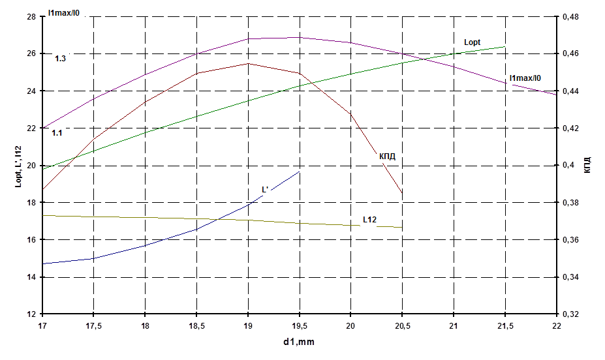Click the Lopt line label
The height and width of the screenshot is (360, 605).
(471, 42)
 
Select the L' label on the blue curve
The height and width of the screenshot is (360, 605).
(266, 190)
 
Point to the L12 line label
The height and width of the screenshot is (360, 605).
(371, 220)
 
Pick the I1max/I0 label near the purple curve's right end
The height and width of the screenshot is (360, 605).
(527, 78)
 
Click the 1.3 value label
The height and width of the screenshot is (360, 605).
(60, 59)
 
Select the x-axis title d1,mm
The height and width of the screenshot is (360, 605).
(300, 341)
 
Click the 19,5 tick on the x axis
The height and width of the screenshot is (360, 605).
(299, 325)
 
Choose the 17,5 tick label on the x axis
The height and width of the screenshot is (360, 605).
(94, 325)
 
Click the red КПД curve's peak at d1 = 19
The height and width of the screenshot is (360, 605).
(248, 63)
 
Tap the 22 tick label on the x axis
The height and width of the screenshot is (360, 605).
(556, 325)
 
